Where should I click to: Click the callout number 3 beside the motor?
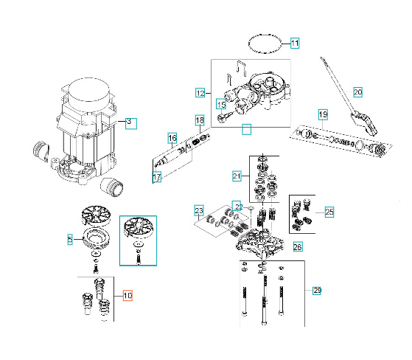click(x=130, y=122)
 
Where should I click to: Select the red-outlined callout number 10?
click(x=128, y=297)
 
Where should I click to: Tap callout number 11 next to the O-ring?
click(x=294, y=44)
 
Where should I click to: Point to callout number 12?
click(x=200, y=93)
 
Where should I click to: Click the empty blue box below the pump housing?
click(x=248, y=131)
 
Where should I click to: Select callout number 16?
click(x=172, y=138)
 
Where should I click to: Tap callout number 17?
click(x=156, y=178)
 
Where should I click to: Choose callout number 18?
click(x=199, y=120)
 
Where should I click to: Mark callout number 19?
click(x=323, y=114)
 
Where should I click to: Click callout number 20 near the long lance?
click(x=358, y=92)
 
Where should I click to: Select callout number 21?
click(x=237, y=176)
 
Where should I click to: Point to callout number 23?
click(x=198, y=212)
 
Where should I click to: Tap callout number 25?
click(x=329, y=212)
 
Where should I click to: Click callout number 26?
click(x=297, y=246)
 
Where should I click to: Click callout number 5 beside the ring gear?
click(x=70, y=240)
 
